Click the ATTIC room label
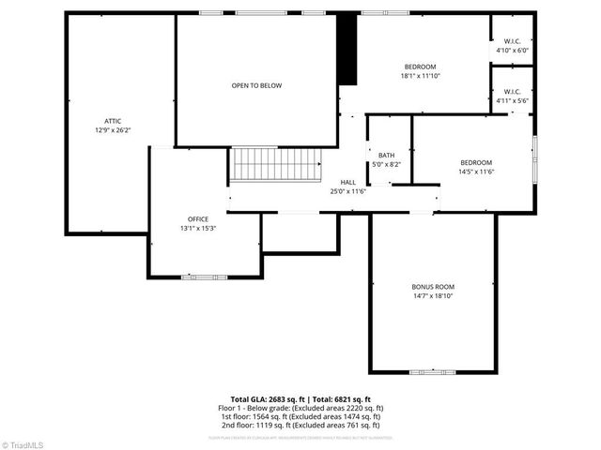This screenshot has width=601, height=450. tap(113, 121)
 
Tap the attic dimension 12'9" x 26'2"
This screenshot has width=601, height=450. tap(113, 130)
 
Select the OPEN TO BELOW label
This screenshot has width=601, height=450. tap(256, 85)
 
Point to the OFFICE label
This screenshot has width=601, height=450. tap(197, 218)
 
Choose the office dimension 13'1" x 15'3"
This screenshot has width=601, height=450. tap(197, 228)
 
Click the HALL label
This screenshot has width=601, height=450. tap(347, 182)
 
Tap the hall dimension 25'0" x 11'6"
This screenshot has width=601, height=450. tap(347, 191)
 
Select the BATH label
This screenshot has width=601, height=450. tap(386, 155)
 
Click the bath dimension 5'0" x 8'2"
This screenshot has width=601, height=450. tap(386, 164)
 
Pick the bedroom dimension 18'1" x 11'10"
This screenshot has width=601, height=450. tap(420, 76)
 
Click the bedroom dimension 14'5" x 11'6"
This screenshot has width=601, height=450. tap(476, 172)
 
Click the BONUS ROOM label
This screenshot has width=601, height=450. tap(433, 286)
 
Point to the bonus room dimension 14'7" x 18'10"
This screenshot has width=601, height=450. tap(433, 295)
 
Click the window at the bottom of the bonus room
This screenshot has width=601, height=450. tap(433, 372)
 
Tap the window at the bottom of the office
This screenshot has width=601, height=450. tap(203, 277)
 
